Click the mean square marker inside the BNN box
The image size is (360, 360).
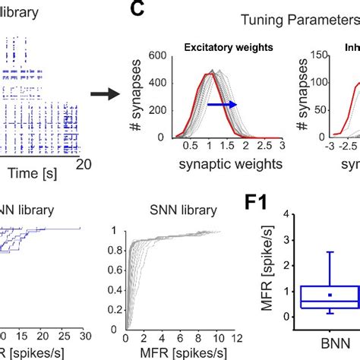pyautogui.click(x=329, y=295)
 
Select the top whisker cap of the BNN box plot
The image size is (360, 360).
pyautogui.click(x=329, y=251)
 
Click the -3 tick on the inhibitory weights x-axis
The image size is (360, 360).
pyautogui.click(x=309, y=145)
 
